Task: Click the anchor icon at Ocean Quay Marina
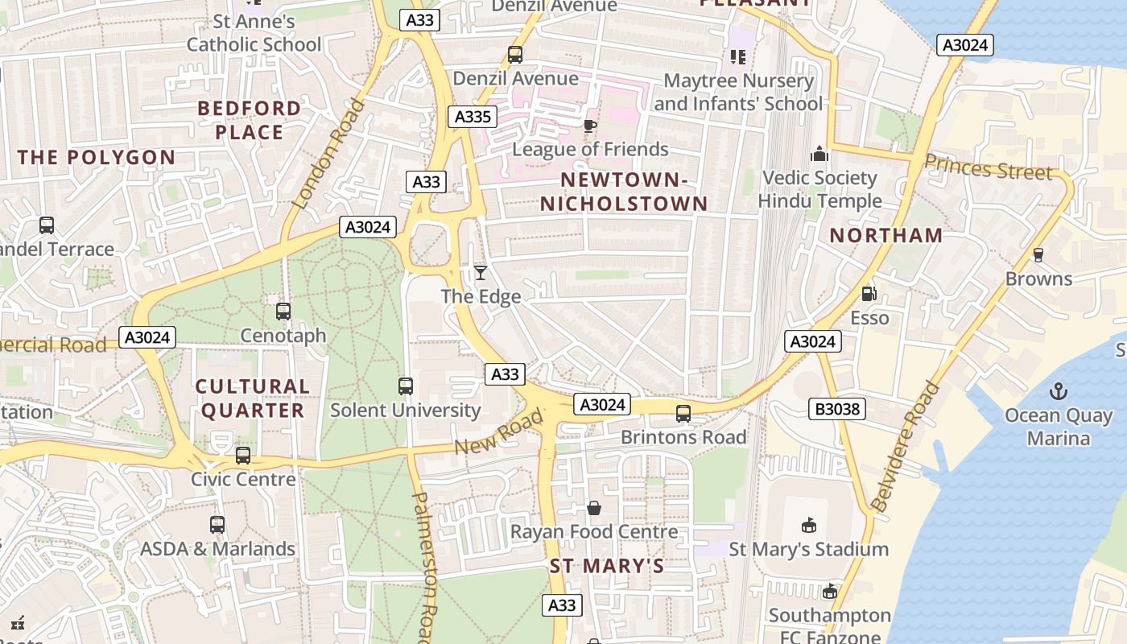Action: (x=1058, y=391)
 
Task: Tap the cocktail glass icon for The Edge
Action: (x=481, y=273)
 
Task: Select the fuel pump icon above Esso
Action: (x=869, y=294)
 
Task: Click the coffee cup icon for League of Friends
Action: (x=590, y=126)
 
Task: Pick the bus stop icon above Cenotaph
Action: (x=283, y=311)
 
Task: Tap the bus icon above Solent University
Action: (x=406, y=386)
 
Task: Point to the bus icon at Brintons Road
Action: (x=683, y=414)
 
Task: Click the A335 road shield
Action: (x=473, y=117)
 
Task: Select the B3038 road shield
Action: (x=837, y=409)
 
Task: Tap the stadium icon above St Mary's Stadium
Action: (x=809, y=526)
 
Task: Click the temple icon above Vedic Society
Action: (x=819, y=154)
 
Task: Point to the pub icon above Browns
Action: (x=1038, y=255)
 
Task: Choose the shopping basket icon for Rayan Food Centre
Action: (x=594, y=508)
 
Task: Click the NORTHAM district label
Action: (x=885, y=235)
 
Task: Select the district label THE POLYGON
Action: (x=97, y=157)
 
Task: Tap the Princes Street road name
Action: (x=988, y=167)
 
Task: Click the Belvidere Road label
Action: (x=906, y=446)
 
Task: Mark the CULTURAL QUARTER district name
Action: (x=253, y=398)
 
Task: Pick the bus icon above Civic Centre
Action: (x=243, y=456)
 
